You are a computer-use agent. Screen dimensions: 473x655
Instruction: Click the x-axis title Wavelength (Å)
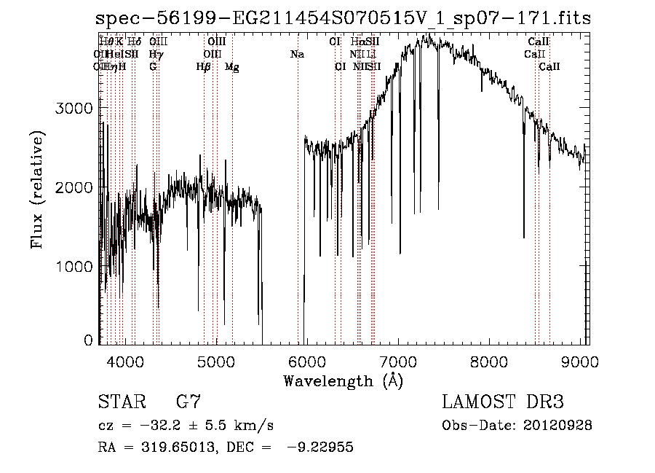coord(343,380)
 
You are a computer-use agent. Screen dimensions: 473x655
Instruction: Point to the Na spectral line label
coord(297,55)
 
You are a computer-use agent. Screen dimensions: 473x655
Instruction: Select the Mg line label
coord(231,67)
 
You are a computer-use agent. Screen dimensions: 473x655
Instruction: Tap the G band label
coord(153,67)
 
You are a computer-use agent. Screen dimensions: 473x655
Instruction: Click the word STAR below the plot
coord(119,402)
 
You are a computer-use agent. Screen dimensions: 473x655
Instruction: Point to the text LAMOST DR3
coord(502,402)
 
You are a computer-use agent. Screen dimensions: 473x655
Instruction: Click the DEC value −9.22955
coord(318,448)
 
